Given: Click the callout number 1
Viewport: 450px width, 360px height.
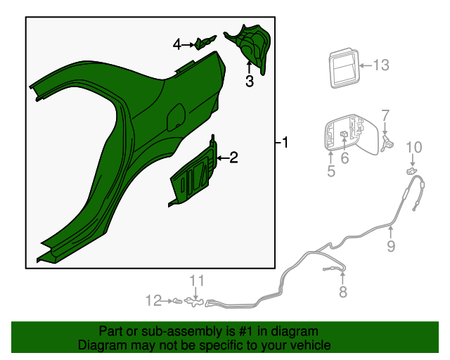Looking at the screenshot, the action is (x=285, y=143).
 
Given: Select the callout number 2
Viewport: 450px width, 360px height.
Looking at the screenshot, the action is (x=233, y=157).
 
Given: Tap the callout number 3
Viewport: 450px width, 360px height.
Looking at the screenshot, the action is (x=250, y=81).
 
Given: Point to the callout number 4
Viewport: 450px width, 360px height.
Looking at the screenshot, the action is (x=177, y=45).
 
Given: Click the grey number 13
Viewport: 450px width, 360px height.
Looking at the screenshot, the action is (x=381, y=65).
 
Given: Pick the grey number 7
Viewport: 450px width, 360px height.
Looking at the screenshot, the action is (x=385, y=115).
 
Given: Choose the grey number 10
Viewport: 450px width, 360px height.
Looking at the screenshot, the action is (x=414, y=147).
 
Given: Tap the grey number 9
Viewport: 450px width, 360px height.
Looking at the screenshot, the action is (x=391, y=246).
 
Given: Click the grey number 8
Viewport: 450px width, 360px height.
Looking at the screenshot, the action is (x=343, y=292).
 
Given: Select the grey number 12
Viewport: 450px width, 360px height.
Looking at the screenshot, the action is (x=153, y=301).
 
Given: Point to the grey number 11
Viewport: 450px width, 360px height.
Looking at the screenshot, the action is (x=197, y=281).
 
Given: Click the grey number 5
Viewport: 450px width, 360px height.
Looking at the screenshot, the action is (x=331, y=171).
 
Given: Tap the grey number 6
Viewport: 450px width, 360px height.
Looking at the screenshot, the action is (x=345, y=158).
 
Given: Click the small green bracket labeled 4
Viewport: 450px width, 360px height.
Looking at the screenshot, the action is (x=205, y=42).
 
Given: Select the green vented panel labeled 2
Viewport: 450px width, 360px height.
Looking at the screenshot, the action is (x=194, y=173).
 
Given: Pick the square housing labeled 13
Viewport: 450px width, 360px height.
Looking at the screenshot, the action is (x=344, y=68).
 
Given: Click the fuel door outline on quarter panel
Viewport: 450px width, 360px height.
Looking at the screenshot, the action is (x=176, y=117).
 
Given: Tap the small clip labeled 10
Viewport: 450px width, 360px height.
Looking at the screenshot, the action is (x=411, y=171).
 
